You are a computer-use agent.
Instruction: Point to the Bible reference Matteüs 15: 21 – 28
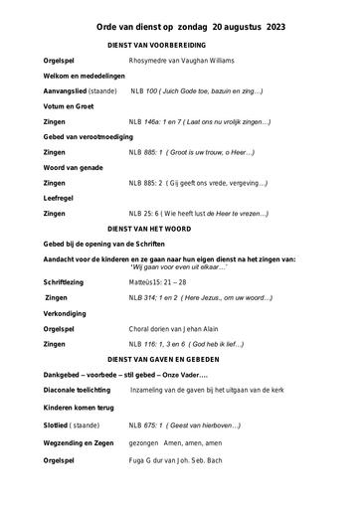coord(157,282)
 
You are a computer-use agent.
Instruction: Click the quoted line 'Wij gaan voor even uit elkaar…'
coord(179,266)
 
